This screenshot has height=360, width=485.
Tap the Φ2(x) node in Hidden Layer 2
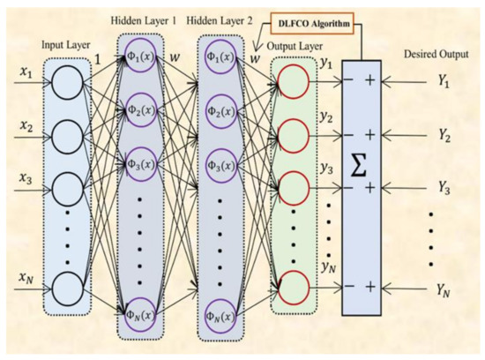[x=225, y=113]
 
